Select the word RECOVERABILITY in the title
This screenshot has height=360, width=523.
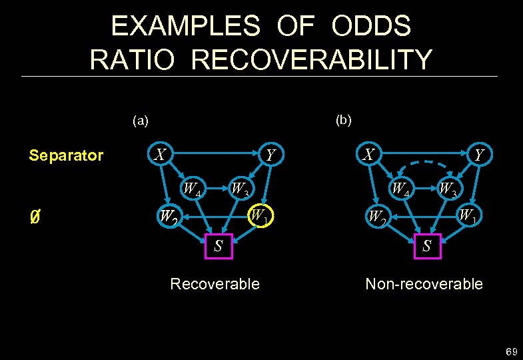pos(311,59)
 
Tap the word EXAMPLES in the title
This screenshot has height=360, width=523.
pos(185,26)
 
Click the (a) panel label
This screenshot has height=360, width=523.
pos(141,121)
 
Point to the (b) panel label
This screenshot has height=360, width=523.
pos(344,120)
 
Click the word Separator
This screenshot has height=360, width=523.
pos(66,156)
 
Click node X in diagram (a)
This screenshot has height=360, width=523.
pos(160,155)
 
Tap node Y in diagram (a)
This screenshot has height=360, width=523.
pos(270,155)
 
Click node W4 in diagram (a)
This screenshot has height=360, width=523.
pos(193,190)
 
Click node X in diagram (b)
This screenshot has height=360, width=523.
pos(368,155)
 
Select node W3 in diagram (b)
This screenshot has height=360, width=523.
pos(447,190)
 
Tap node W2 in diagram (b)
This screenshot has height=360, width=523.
pos(376,217)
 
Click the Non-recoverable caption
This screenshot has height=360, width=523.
pos(424,284)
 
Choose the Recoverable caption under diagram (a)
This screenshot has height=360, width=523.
pos(215,284)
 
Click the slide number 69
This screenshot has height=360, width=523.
pos(512,351)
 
